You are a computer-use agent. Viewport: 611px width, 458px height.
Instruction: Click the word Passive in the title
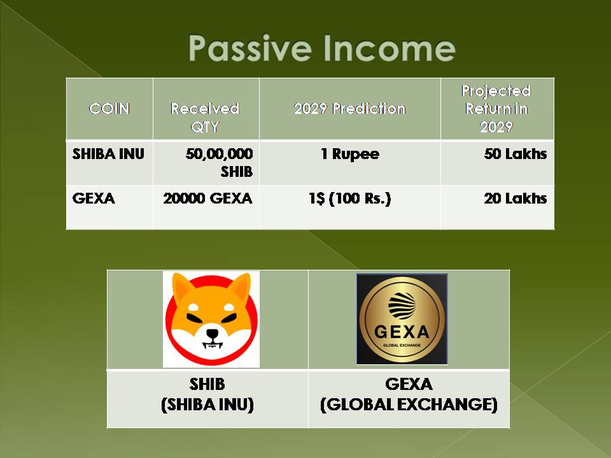[249, 48]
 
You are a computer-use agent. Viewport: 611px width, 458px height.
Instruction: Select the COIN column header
[109, 109]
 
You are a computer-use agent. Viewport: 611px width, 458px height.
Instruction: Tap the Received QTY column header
[205, 117]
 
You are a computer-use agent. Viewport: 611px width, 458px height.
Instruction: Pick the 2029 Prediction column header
[349, 109]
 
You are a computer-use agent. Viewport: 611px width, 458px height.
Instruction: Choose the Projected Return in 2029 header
[496, 109]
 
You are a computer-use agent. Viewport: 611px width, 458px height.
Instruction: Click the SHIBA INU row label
[108, 154]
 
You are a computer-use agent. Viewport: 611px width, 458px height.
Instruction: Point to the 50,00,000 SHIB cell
[219, 162]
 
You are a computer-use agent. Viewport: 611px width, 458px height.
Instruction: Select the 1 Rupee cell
[350, 154]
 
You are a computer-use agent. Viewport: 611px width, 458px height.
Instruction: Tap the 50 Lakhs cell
[515, 154]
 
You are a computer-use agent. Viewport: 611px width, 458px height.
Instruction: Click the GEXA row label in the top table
[94, 198]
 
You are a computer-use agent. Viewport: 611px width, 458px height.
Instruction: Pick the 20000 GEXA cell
[207, 198]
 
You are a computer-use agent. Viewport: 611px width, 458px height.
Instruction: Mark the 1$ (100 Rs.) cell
[349, 198]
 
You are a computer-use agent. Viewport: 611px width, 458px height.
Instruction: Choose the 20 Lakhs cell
[515, 198]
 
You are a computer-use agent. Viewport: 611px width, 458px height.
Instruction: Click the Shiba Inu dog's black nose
[213, 334]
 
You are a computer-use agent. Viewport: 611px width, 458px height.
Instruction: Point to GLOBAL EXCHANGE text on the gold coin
[402, 345]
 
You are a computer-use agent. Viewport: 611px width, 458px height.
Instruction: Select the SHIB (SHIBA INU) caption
[207, 394]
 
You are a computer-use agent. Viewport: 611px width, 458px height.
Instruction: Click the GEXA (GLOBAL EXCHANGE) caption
[409, 394]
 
